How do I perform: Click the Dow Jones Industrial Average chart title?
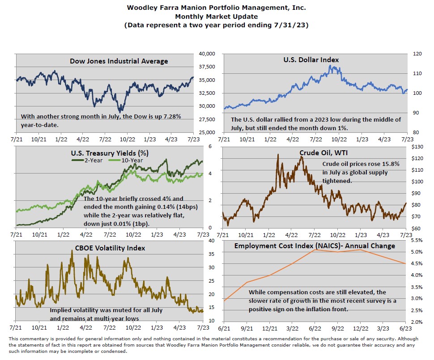point(119,61)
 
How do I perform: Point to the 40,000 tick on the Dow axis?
point(207,54)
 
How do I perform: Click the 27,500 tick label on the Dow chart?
point(207,119)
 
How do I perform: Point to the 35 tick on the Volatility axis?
point(213,254)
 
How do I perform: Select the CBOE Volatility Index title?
point(107,248)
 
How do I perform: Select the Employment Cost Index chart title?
point(315,246)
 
